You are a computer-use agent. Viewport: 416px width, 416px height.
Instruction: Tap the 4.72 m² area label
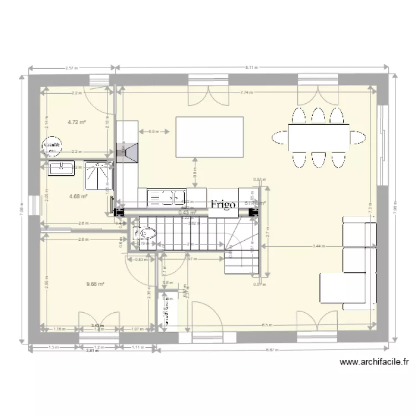tap(75, 122)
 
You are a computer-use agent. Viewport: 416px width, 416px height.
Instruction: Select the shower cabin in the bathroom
tap(98, 175)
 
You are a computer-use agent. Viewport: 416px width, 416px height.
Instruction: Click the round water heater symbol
tap(51, 145)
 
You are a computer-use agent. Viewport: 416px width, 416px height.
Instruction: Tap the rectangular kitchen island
tap(210, 136)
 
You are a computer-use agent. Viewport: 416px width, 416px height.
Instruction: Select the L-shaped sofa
tap(349, 261)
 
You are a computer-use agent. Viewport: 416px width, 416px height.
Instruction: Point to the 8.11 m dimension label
tap(251, 67)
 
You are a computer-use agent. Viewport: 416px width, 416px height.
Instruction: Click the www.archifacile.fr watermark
tap(374, 362)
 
